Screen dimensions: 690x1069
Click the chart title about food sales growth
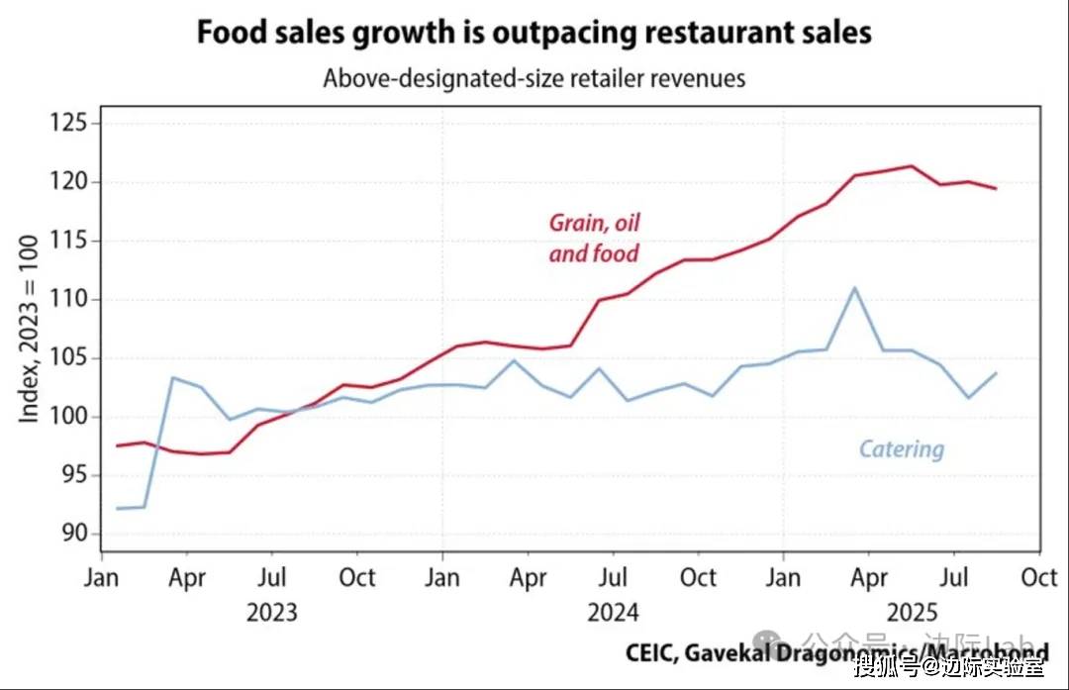[534, 32]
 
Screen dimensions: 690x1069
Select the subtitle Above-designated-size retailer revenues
[534, 77]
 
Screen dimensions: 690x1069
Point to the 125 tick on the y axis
[67, 124]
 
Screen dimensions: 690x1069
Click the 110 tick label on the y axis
[67, 299]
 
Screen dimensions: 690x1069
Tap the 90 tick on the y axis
[74, 534]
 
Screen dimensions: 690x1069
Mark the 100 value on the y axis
[67, 417]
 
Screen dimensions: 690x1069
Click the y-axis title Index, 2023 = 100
[30, 329]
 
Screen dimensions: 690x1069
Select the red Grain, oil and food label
[594, 238]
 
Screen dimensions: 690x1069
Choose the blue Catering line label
[901, 449]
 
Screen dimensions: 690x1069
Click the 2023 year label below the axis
[271, 613]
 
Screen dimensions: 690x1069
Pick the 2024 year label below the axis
[614, 613]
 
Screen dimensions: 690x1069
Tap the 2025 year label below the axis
[912, 613]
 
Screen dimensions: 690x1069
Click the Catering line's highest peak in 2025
[854, 288]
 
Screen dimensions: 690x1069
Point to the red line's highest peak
[912, 166]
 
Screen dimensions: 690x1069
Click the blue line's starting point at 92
[118, 508]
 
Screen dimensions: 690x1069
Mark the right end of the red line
[995, 188]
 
